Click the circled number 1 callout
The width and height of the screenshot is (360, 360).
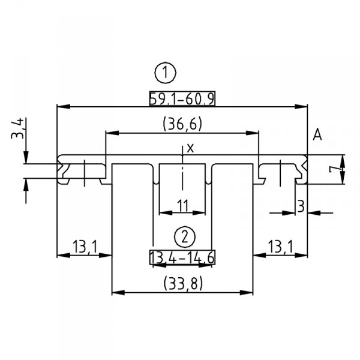coord(166,73)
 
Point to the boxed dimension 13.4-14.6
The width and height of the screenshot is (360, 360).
coord(182,257)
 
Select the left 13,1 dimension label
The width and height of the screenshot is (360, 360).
coord(84,246)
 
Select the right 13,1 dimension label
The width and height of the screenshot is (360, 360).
coord(280,246)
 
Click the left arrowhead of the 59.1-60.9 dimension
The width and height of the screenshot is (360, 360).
coord(60,107)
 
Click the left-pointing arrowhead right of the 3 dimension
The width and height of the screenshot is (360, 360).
coord(312,212)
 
